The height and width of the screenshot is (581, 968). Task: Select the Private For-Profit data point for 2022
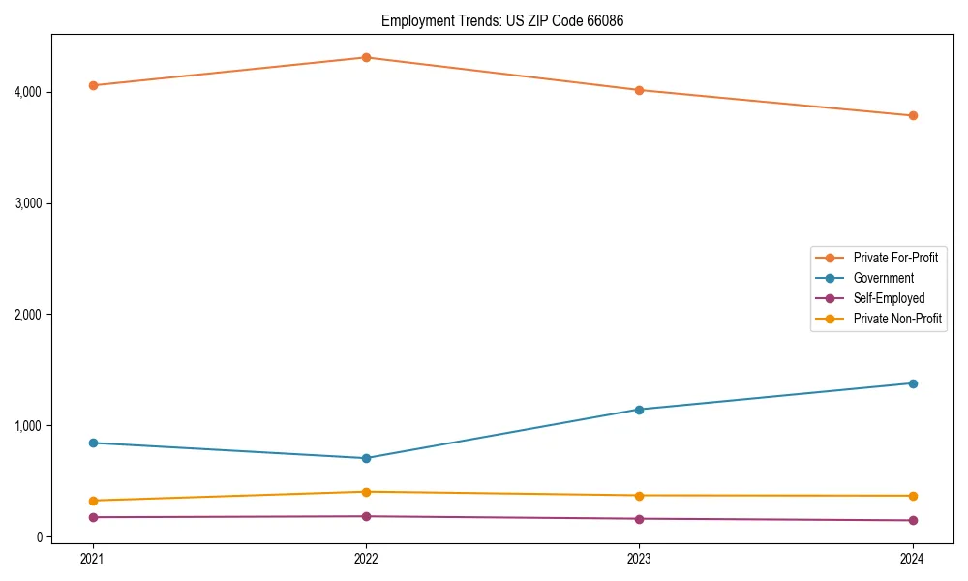tap(366, 57)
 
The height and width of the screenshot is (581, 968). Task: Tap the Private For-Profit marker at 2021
tap(93, 85)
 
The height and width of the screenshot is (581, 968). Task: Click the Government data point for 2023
tap(639, 410)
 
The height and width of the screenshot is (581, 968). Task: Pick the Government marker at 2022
tap(366, 458)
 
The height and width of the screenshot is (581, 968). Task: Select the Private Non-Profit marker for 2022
tap(366, 492)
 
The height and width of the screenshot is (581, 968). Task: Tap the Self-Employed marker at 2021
tap(93, 517)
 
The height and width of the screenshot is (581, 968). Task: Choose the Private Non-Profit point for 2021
tap(93, 501)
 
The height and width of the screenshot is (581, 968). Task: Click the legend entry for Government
tap(883, 278)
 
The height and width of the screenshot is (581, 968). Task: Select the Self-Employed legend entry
tap(889, 298)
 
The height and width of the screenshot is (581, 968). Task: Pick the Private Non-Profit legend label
tap(897, 319)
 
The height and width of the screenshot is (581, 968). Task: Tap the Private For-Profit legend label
tap(895, 258)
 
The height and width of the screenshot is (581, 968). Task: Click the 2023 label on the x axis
tap(639, 558)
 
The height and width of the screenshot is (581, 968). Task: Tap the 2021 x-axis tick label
tap(93, 558)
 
